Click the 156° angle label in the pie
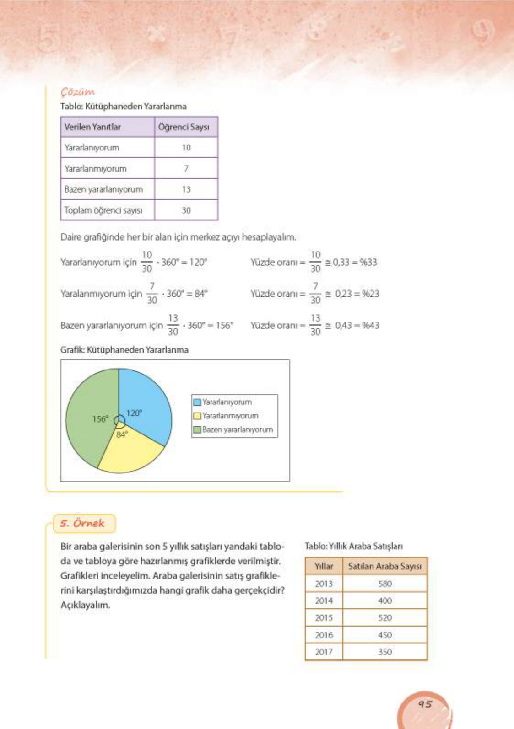[100, 419]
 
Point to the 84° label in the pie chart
[122, 434]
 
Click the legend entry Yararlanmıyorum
[230, 416]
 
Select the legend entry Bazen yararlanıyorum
[237, 429]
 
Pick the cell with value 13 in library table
[186, 189]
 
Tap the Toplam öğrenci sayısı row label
[103, 210]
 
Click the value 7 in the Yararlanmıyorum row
[186, 168]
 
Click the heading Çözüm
[78, 92]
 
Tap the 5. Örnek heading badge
[83, 523]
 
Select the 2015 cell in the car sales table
[324, 617]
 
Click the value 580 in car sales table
[385, 584]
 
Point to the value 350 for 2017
[385, 652]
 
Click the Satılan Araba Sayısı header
[384, 566]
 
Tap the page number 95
[425, 704]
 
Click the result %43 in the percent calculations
[370, 326]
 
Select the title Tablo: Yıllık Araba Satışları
[353, 546]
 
